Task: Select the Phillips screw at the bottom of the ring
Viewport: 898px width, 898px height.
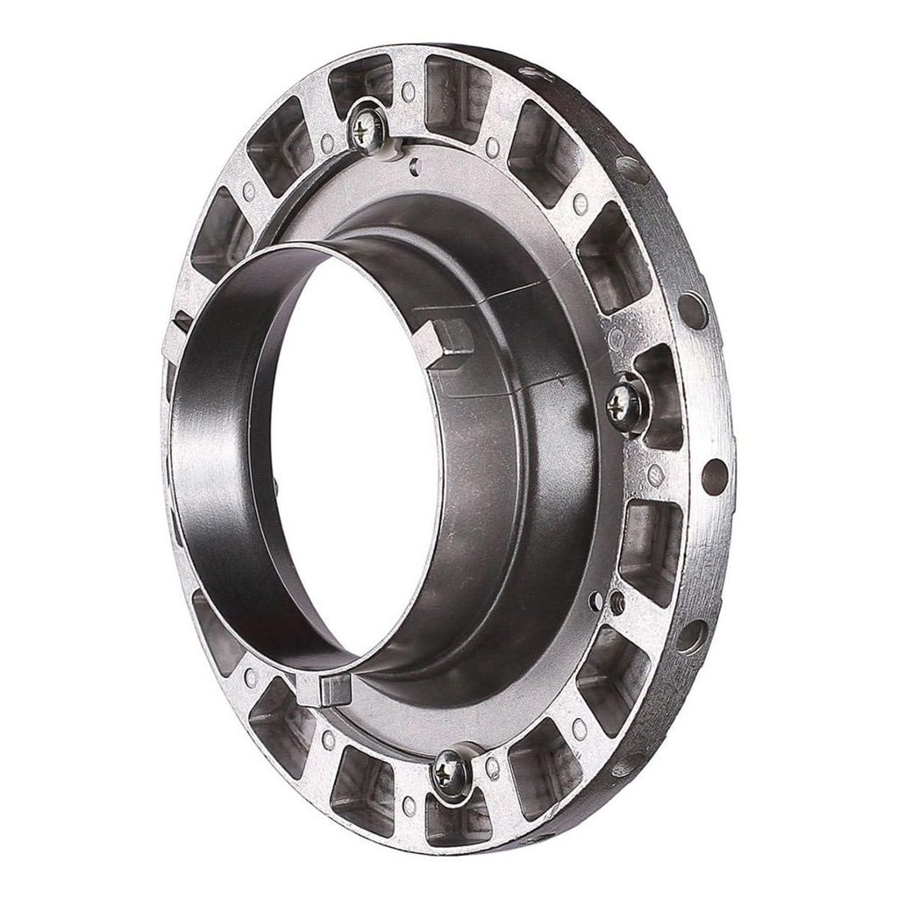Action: pos(452,769)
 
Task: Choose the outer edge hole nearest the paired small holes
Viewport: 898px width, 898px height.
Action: pos(691,636)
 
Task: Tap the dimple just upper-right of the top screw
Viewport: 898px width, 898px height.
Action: pos(409,91)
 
